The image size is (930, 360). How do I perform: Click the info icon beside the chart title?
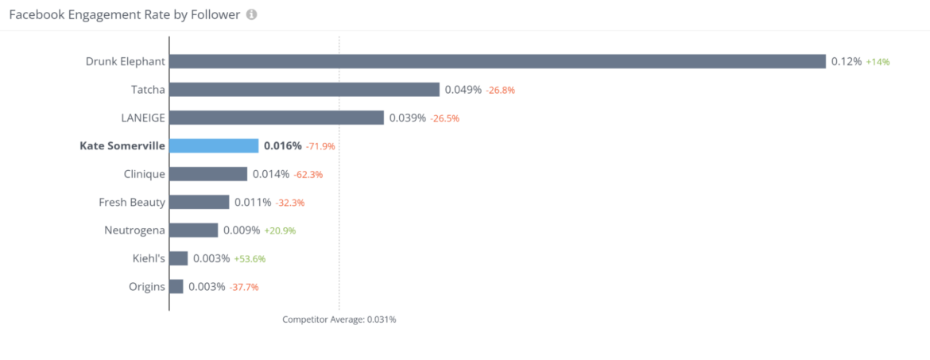251,15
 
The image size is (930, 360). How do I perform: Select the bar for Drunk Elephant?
498,61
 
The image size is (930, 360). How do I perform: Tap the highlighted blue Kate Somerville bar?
214,145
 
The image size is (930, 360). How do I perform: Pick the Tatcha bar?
304,90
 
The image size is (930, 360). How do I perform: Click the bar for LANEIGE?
277,118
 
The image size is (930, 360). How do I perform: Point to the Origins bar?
176,286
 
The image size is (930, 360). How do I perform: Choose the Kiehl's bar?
179,258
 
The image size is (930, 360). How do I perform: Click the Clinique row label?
145,174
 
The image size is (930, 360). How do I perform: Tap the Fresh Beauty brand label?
132,202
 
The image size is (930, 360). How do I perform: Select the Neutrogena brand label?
135,230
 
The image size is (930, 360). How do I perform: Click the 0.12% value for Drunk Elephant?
847,61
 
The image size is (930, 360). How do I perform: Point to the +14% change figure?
878,62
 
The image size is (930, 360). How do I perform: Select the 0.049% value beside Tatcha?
463,90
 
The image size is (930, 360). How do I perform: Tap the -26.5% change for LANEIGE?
445,118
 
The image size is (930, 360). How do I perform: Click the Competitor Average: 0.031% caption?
339,319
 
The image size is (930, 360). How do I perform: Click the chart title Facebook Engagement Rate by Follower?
125,15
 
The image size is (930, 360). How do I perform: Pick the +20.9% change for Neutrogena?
280,230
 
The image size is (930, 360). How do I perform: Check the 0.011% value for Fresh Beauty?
253,202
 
